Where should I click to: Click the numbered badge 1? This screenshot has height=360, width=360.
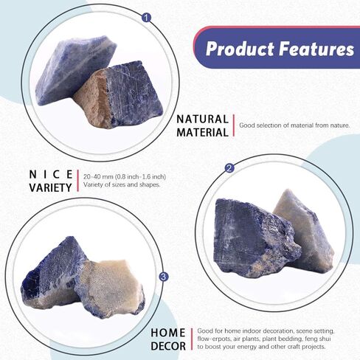click(x=147, y=18)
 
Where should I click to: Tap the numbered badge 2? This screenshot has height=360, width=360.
click(x=229, y=168)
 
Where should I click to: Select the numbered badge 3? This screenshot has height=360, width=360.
click(x=164, y=277)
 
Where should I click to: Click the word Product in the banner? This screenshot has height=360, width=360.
click(x=240, y=49)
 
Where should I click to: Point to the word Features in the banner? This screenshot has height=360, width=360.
click(x=316, y=49)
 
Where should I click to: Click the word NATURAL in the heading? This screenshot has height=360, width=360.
click(x=203, y=120)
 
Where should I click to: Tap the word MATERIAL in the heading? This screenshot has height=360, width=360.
click(x=203, y=133)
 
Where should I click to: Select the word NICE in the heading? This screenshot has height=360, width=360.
click(x=51, y=175)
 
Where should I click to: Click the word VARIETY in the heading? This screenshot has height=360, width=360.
click(x=50, y=187)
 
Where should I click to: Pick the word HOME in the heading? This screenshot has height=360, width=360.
click(x=168, y=333)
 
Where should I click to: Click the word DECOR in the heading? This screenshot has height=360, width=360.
click(x=168, y=346)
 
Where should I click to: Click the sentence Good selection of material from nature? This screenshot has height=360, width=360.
click(x=294, y=125)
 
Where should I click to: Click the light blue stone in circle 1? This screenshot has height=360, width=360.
click(x=74, y=68)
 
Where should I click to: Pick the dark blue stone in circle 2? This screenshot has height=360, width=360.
click(x=256, y=238)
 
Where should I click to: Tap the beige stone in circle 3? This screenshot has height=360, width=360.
click(x=109, y=288)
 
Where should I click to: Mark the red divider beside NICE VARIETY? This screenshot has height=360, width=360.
click(x=78, y=181)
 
